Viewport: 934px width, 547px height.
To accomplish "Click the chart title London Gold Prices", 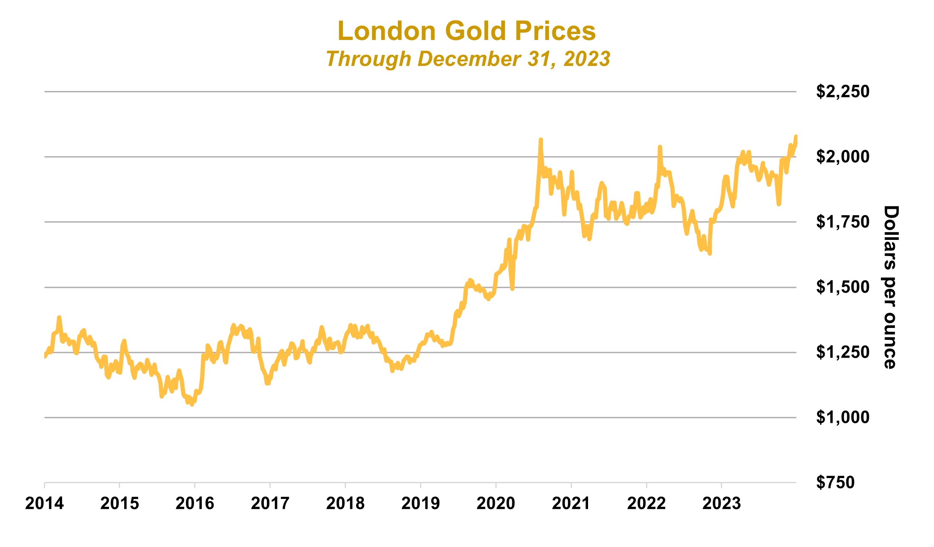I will [466, 31].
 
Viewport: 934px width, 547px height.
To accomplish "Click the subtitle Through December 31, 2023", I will [468, 59].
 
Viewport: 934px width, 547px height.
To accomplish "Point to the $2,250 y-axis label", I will [842, 91].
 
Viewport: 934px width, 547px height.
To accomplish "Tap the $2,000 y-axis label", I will [842, 157].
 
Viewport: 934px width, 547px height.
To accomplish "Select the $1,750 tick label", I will [842, 222].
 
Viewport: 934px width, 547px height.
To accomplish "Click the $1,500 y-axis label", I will [842, 287].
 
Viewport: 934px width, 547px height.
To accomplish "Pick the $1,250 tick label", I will [842, 352].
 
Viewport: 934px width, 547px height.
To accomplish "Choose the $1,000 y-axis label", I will [842, 417].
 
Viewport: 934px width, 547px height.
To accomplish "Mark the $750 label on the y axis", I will [835, 482].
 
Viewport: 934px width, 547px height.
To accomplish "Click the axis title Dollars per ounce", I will [890, 287].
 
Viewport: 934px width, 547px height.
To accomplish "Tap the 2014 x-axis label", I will [44, 504].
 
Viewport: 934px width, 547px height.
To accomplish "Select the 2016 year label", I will [194, 504].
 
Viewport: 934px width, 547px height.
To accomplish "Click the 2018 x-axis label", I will [345, 504].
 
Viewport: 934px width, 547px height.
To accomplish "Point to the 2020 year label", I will [496, 504].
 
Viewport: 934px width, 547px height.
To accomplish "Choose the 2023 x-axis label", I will [721, 504].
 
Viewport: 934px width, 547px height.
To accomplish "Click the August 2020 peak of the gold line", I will [540, 140].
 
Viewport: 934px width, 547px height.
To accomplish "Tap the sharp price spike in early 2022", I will [660, 147].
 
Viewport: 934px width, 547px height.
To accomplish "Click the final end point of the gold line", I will [796, 136].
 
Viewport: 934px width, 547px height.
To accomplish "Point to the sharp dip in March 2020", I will [512, 289].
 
